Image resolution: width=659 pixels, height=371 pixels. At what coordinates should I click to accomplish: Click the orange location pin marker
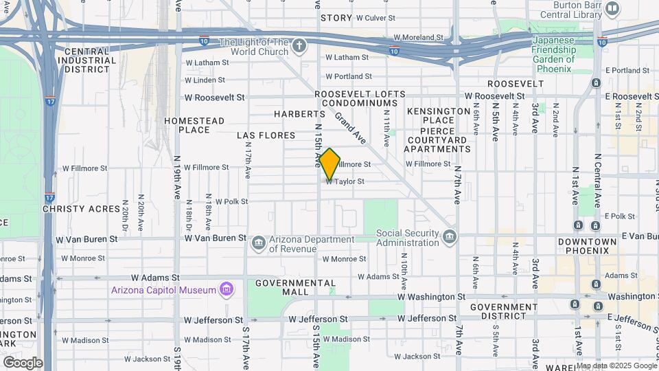(x=329, y=164)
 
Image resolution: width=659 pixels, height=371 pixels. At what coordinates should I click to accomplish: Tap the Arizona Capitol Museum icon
(x=226, y=289)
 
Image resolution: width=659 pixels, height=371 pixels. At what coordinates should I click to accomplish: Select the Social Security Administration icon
(x=450, y=237)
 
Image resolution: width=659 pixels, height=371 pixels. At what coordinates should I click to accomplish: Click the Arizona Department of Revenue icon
(x=259, y=243)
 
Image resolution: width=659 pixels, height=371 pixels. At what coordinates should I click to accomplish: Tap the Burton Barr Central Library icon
(x=612, y=8)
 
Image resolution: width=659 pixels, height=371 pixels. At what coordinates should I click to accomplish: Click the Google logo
(x=23, y=363)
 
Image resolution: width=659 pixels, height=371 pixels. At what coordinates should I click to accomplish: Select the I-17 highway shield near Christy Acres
(x=49, y=197)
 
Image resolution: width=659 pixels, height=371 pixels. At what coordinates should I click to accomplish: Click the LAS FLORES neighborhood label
(x=266, y=135)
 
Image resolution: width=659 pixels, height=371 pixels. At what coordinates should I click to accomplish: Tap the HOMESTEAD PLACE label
(x=194, y=125)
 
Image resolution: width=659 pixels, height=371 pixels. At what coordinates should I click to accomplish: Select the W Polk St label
(x=231, y=202)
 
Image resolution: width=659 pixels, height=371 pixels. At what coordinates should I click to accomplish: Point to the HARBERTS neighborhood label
(x=299, y=113)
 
